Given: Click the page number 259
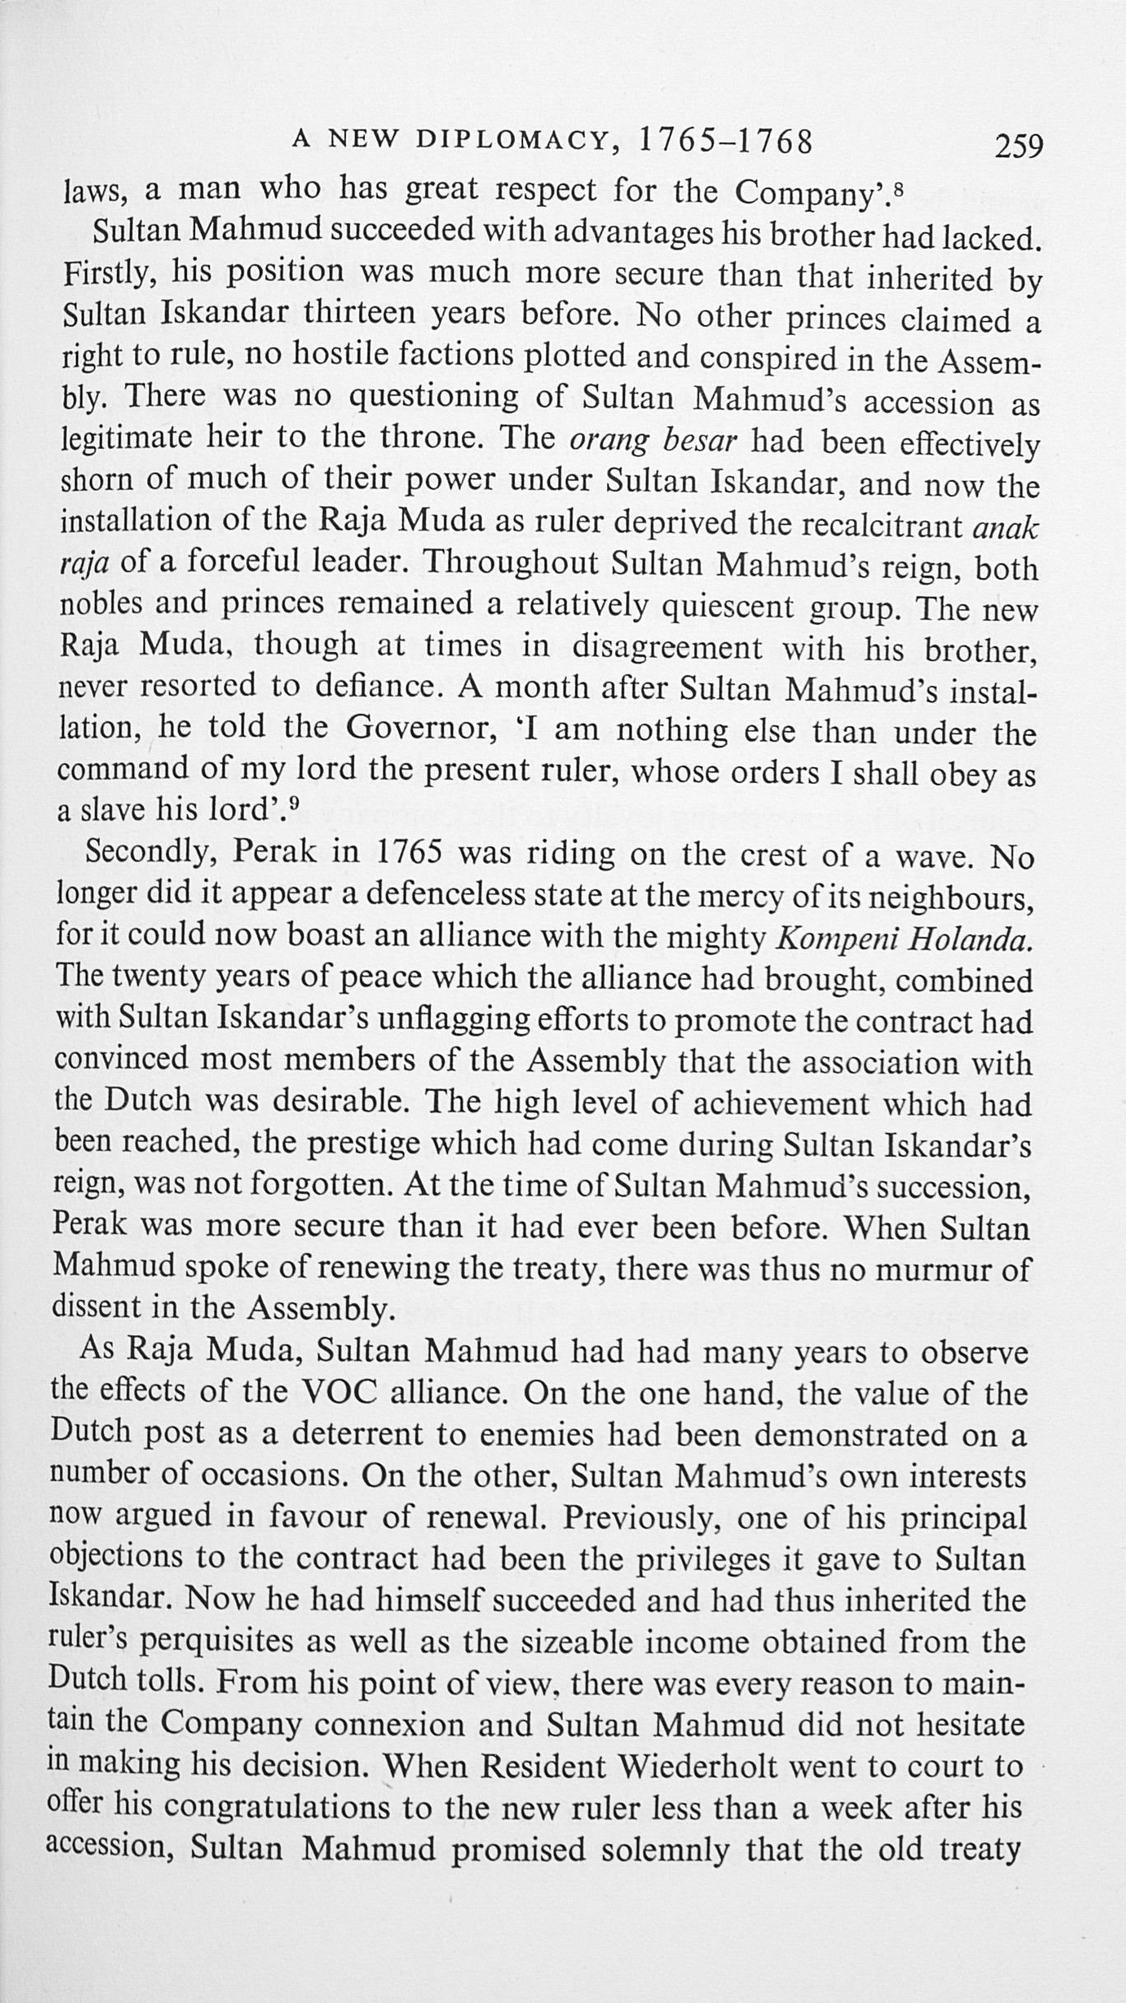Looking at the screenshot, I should tap(1019, 147).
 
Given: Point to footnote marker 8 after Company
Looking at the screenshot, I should tap(900, 185).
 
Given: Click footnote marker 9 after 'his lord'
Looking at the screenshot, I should tap(293, 803).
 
